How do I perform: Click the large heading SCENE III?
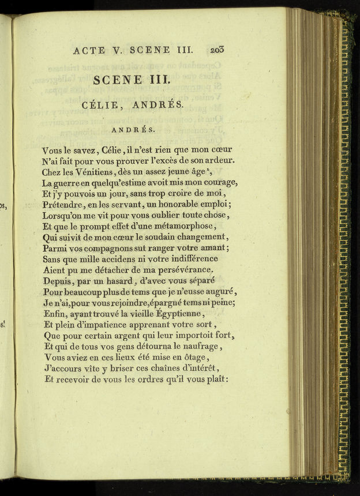tap(132, 80)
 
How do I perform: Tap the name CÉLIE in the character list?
tap(102, 105)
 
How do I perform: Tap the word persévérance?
tap(180, 270)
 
